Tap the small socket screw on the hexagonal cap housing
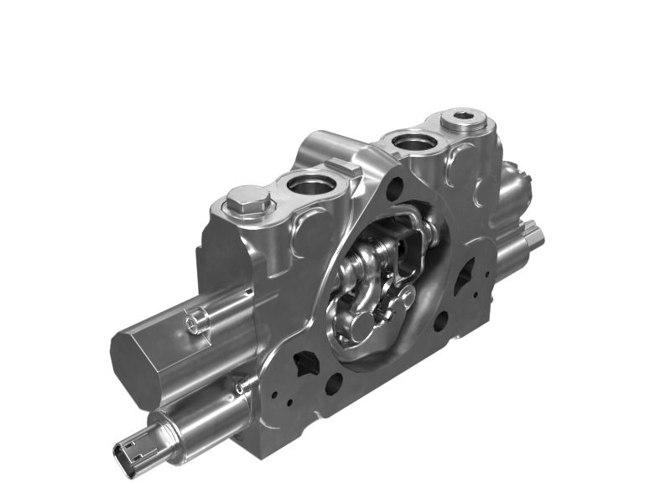(195, 320)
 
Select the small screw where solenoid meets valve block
(242, 386)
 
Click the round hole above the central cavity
(393, 192)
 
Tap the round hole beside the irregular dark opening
(333, 384)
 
